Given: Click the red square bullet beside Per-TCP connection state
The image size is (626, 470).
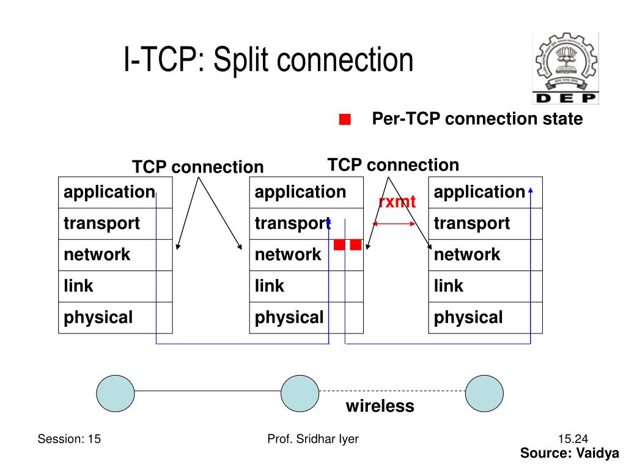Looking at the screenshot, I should (x=345, y=119).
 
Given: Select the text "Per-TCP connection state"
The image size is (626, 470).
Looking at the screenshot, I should (x=477, y=119).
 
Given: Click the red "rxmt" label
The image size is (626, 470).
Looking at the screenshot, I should (x=397, y=201).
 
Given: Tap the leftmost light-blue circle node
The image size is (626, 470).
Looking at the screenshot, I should (x=116, y=391).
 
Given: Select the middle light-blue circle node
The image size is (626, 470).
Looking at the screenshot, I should (x=300, y=391).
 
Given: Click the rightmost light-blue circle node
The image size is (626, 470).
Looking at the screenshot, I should (x=484, y=391).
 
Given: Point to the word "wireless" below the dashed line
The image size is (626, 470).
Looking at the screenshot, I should (x=380, y=406).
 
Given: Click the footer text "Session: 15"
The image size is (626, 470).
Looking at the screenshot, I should (x=69, y=438).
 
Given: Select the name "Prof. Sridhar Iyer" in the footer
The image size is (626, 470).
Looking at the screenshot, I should (x=313, y=438).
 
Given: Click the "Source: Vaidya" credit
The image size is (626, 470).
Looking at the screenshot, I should (x=570, y=453).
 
